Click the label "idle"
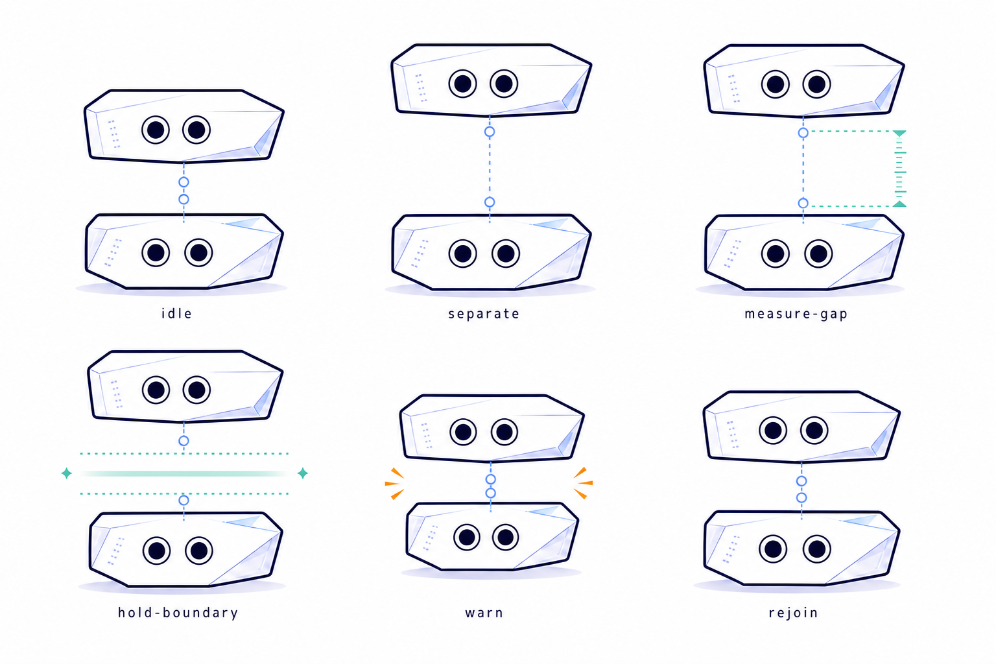176,314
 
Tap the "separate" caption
484,314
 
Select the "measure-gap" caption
796,314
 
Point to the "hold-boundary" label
178,612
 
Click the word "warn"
484,613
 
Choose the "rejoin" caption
793,613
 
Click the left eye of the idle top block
156,130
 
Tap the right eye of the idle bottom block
198,253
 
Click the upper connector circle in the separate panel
490,132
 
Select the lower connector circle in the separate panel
490,202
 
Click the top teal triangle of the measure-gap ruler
899,134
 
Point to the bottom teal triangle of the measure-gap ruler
899,204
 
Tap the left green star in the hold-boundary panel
67,473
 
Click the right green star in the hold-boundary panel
303,473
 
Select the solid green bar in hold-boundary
185,473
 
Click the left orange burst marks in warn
394,484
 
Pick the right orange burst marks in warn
583,483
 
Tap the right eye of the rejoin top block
814,431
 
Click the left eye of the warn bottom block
467,538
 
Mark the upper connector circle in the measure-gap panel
803,132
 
